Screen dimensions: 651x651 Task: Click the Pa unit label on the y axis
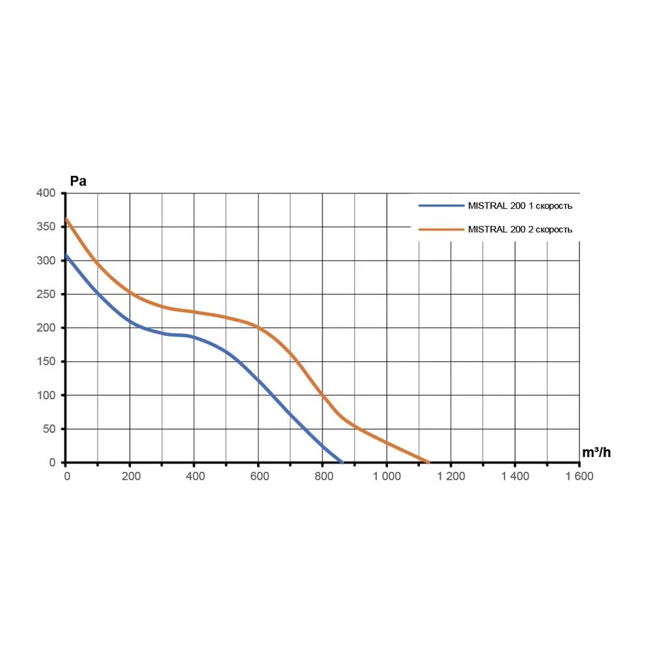(x=78, y=182)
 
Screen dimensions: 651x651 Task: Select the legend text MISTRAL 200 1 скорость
(x=520, y=206)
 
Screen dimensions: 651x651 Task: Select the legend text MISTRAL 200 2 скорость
(x=520, y=229)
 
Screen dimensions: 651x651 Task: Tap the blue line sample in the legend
(x=441, y=206)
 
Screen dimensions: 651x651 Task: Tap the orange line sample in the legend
(x=441, y=229)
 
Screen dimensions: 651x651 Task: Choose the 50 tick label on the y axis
(x=51, y=429)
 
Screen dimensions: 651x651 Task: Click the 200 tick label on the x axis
(x=131, y=476)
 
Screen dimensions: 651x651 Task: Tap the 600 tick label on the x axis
(x=259, y=476)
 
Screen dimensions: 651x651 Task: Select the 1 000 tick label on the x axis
(x=387, y=476)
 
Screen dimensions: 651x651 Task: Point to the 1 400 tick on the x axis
(x=515, y=476)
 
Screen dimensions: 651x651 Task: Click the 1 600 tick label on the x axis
(x=579, y=476)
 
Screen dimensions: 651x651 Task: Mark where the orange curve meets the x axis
(x=429, y=462)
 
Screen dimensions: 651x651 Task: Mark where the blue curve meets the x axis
(x=342, y=462)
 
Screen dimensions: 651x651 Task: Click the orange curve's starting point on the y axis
(x=66, y=219)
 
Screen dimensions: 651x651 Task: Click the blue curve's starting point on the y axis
(x=66, y=255)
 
